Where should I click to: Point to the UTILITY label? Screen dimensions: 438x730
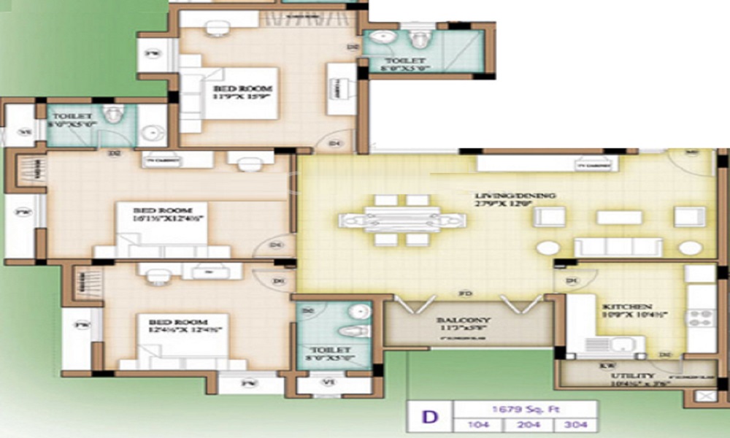coord(626,378)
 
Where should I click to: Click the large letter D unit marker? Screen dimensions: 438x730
coord(431,418)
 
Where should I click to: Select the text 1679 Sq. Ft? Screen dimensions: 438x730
coord(526,409)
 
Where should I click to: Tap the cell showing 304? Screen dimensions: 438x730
coord(575,425)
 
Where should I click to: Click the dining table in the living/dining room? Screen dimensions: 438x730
coord(401,219)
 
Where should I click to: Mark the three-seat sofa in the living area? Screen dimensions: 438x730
coord(618,247)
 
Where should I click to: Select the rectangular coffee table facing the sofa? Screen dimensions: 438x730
coord(619,218)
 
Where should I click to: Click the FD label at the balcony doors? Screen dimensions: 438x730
coord(463,294)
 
